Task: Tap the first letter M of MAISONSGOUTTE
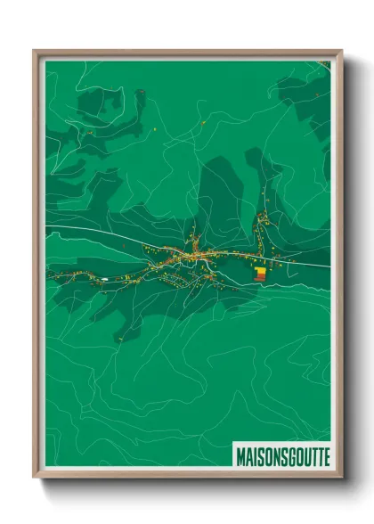tap(240, 456)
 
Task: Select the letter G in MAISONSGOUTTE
tap(287, 456)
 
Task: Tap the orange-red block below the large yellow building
tap(259, 278)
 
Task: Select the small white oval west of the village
tap(105, 279)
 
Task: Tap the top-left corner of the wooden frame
tap(35, 52)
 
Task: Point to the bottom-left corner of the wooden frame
tap(35, 476)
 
